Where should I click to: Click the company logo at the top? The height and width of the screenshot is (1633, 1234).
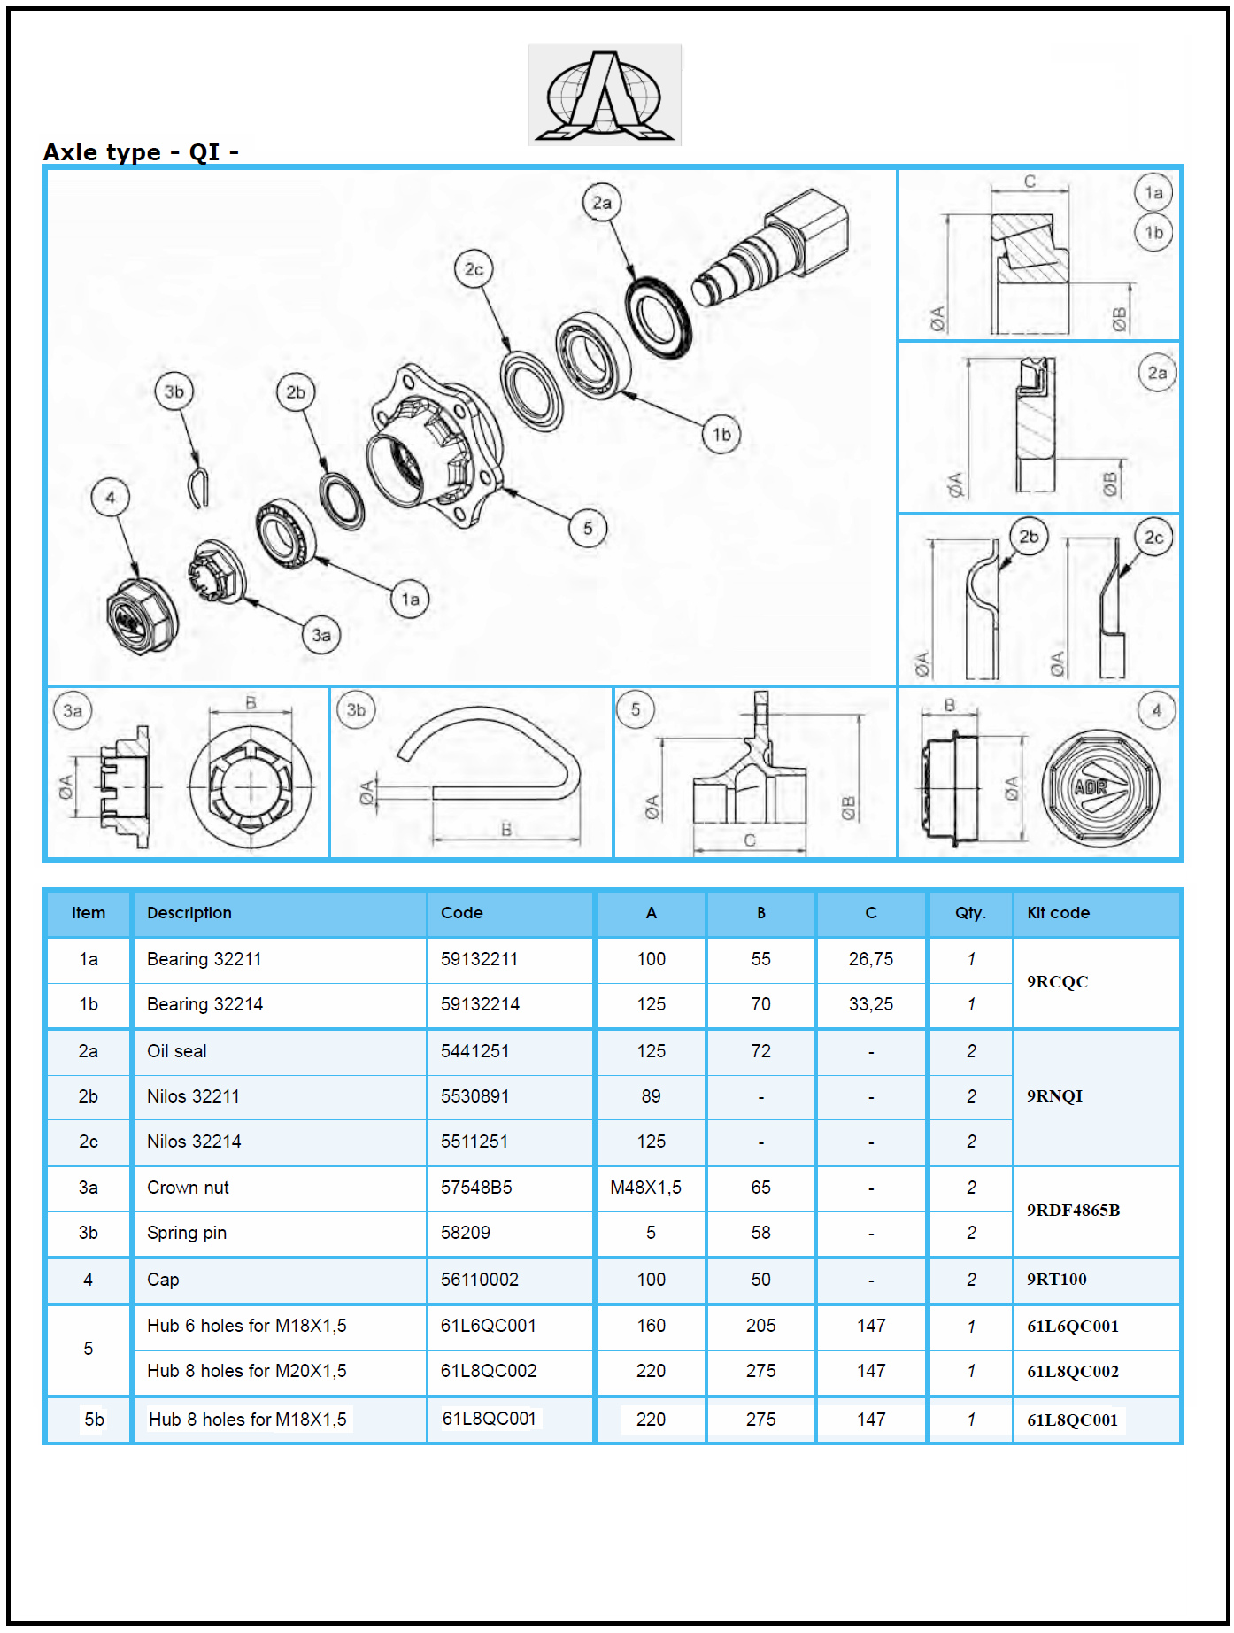pos(605,95)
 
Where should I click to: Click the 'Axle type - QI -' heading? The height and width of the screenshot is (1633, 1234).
pos(141,152)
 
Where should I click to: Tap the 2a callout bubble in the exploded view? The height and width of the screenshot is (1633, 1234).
pos(602,203)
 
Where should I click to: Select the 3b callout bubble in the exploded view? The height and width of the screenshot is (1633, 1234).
pos(174,391)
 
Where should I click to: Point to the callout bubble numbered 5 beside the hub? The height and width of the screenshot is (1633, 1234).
pos(588,529)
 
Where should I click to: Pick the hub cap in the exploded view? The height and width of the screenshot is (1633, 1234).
pos(141,616)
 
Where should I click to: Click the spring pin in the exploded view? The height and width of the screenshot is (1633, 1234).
pos(199,487)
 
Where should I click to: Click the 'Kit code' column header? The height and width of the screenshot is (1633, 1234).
pos(1058,913)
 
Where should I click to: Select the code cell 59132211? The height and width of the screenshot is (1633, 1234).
pos(479,959)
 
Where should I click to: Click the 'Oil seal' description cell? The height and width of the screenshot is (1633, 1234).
pos(177,1051)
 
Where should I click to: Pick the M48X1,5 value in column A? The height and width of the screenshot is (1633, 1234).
pos(645,1188)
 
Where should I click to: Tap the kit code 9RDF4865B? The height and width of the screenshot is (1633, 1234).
pos(1073,1211)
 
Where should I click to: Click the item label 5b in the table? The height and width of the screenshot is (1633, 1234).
pos(94,1420)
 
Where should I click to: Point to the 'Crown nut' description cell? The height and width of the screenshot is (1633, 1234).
pos(188,1188)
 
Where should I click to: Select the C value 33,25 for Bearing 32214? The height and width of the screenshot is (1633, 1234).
pos(870,1004)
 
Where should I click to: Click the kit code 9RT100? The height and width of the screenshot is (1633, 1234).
pos(1056,1280)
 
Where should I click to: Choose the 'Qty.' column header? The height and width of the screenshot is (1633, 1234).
pos(970,913)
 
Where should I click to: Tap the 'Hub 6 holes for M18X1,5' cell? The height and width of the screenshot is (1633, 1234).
pos(246,1326)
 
